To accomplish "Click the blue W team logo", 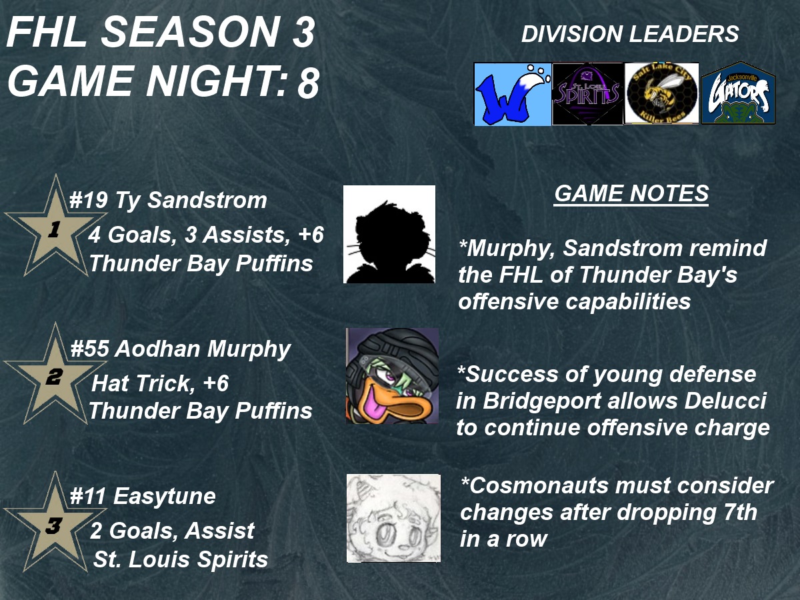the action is (x=513, y=94).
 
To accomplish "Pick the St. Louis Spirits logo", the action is (x=588, y=94).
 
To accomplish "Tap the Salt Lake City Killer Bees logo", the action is (x=662, y=93).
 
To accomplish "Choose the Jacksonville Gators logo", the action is (x=739, y=93).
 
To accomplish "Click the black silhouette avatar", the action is (x=389, y=234).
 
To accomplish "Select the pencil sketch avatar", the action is (x=393, y=518).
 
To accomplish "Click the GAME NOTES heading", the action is (x=631, y=193).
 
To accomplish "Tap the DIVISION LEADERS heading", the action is (x=630, y=34).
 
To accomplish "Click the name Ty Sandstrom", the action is (x=191, y=201).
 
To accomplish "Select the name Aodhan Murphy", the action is (x=203, y=349).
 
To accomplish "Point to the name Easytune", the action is (x=165, y=497).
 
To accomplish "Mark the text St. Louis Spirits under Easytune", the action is (x=181, y=559).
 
